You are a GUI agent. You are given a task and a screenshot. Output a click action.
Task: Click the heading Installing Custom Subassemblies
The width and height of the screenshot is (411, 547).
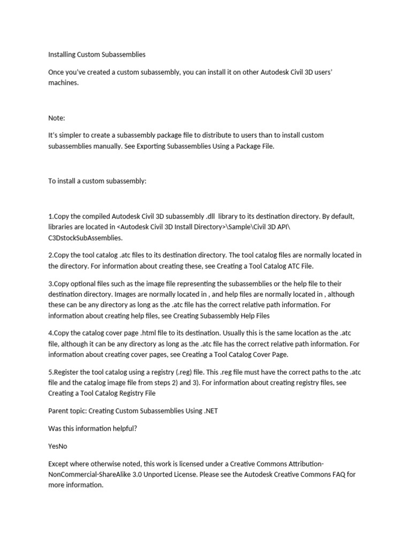coord(97,54)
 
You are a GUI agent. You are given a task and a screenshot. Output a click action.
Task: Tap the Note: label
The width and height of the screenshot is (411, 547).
coord(57,118)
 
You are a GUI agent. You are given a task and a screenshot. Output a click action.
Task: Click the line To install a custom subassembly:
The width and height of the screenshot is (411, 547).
coord(97,181)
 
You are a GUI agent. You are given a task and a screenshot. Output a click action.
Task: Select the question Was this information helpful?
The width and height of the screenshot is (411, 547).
coord(93,428)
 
